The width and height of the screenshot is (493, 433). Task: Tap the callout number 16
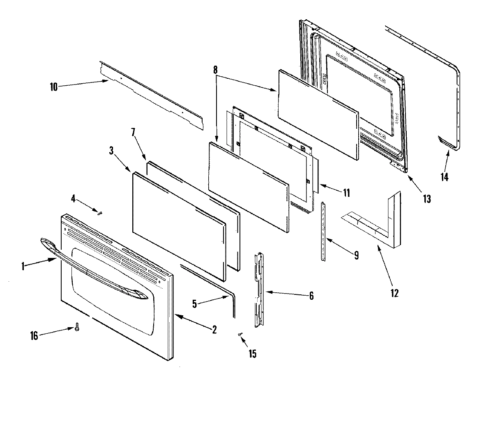(x=34, y=336)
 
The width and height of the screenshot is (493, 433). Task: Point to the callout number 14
(x=444, y=177)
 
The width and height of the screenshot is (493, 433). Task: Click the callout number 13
(x=427, y=199)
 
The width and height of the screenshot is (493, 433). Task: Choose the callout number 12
(x=394, y=293)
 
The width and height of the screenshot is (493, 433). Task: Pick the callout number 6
(x=311, y=296)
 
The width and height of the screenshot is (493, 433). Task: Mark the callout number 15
(x=252, y=353)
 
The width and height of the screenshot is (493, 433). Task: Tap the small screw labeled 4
(x=100, y=212)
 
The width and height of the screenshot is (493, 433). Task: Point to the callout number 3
(x=111, y=150)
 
